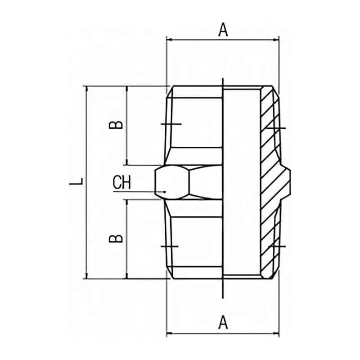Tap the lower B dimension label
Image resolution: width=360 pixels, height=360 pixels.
click(117, 237)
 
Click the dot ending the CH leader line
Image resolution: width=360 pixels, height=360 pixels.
click(166, 192)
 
